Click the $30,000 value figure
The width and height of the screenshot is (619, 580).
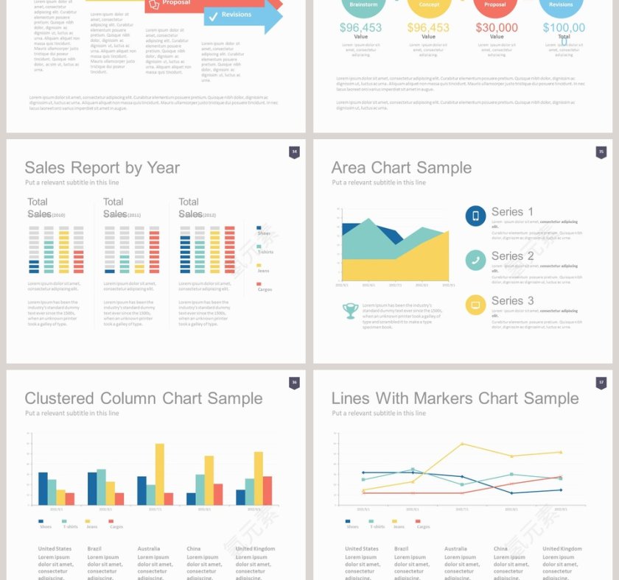[x=497, y=28]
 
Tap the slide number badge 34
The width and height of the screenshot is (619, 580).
[x=294, y=152]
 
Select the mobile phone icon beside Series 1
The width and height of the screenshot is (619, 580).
[x=475, y=216]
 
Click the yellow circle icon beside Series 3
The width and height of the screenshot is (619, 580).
[x=475, y=304]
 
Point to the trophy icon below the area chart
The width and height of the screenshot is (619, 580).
[x=351, y=311]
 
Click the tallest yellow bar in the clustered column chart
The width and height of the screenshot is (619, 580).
[x=160, y=474]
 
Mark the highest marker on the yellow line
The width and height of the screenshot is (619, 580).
[x=462, y=444]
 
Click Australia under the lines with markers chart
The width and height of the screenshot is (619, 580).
[x=455, y=548]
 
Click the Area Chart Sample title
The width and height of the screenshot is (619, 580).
[x=401, y=168]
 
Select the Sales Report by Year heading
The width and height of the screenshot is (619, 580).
[x=102, y=168]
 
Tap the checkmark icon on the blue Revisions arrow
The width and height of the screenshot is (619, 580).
[x=213, y=15]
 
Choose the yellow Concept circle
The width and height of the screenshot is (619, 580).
[x=429, y=5]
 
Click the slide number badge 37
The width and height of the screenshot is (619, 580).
[x=601, y=383]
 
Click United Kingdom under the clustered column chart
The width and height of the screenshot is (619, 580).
[x=255, y=548]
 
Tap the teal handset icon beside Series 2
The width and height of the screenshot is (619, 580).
[x=475, y=260]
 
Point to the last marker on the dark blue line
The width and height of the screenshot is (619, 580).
[x=561, y=490]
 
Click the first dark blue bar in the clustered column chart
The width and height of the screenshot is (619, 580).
[x=43, y=488]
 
